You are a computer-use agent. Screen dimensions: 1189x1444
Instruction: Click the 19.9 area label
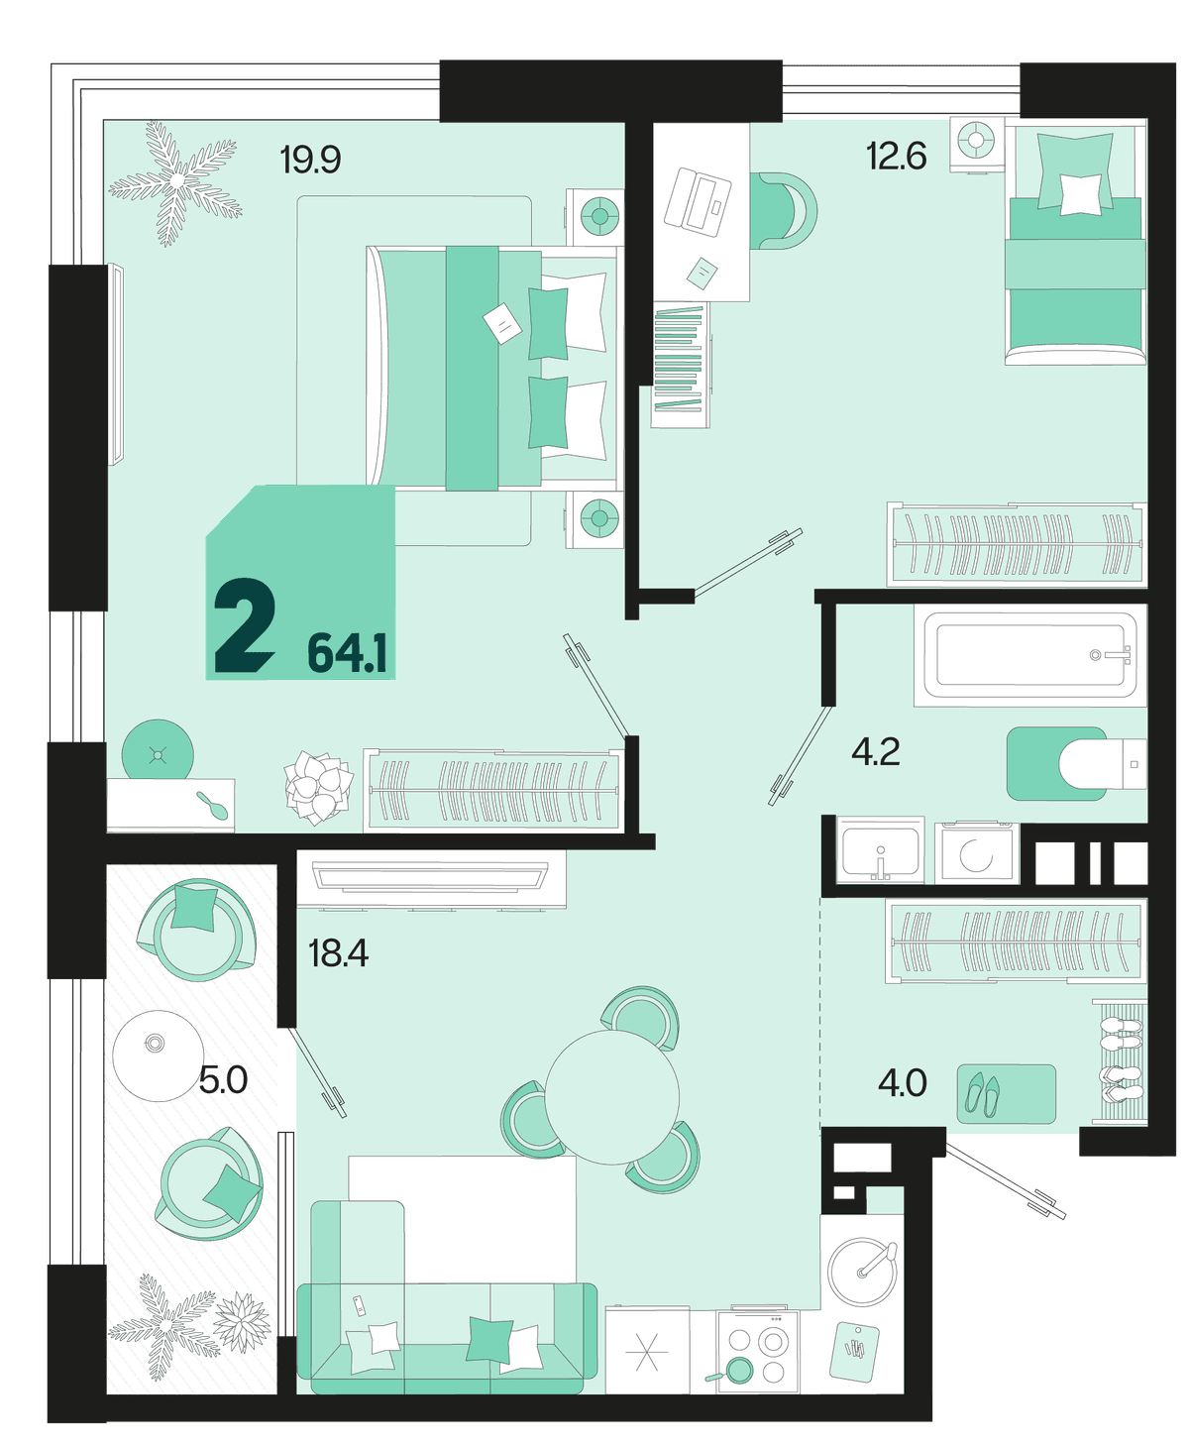pos(310,160)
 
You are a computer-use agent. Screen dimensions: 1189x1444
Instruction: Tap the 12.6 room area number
pos(897,156)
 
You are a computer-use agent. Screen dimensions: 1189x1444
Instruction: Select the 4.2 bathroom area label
pos(875,752)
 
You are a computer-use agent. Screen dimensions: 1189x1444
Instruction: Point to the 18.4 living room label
pos(338,953)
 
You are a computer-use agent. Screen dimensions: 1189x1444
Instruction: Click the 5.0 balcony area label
pos(223,1080)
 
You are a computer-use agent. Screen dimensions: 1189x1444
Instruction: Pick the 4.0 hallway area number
pos(902,1083)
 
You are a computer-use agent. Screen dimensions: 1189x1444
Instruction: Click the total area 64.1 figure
pos(347,653)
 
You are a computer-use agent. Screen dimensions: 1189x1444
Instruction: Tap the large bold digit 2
pos(245,626)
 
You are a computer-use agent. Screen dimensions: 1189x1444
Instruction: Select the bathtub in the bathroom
pos(1030,655)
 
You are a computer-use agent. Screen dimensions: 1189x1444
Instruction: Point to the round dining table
pos(611,1097)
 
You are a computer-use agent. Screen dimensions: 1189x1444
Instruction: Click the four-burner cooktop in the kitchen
pos(756,1350)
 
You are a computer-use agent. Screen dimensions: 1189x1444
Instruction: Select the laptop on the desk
pos(697,200)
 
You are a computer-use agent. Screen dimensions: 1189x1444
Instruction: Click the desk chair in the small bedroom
pos(783,210)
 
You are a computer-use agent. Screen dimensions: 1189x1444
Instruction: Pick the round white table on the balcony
pos(159,1055)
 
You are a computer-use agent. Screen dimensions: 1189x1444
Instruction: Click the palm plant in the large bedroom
pos(175,182)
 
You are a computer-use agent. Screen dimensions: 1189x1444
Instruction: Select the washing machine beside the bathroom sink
pos(976,853)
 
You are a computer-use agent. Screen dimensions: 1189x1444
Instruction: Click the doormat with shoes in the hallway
pos(1007,1093)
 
